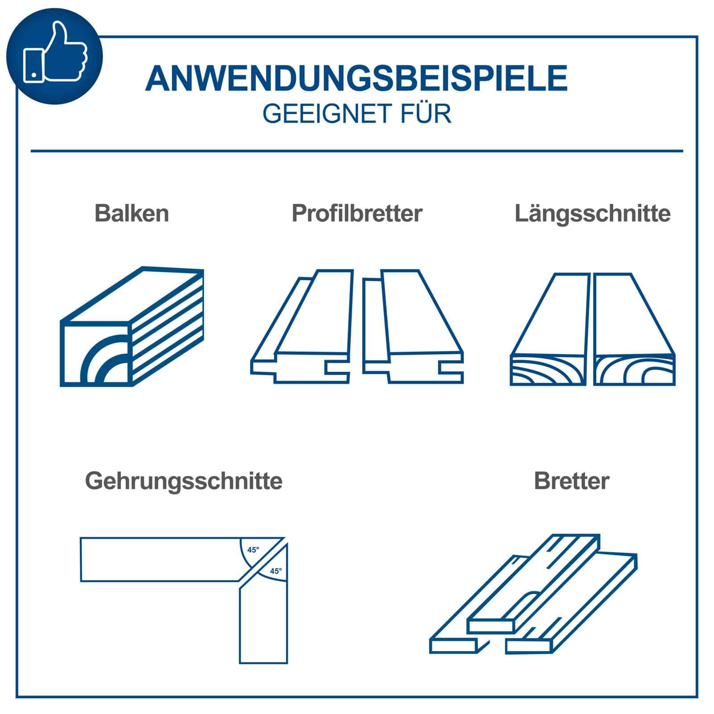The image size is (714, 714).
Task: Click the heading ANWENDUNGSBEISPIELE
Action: [x=356, y=79]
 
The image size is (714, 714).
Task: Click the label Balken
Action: [x=132, y=213]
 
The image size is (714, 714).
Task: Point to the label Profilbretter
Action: [x=357, y=213]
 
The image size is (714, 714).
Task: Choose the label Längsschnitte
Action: [x=592, y=213]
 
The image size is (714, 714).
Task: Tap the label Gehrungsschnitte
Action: [x=183, y=481]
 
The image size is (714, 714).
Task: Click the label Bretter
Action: [x=571, y=481]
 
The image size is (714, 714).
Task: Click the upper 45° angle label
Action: [x=253, y=550]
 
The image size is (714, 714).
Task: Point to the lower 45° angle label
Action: [x=276, y=571]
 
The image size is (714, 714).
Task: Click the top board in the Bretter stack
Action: [x=535, y=585]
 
